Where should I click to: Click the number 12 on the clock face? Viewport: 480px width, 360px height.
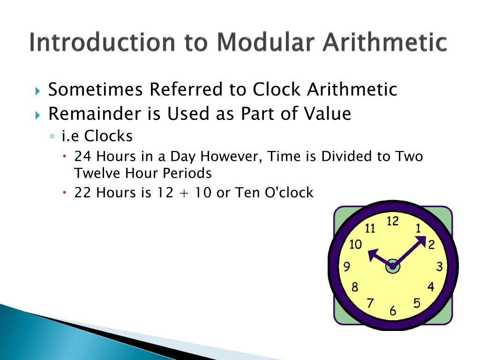392,221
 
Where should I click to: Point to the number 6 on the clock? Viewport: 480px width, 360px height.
393,311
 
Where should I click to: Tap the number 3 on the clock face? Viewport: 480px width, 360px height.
439,267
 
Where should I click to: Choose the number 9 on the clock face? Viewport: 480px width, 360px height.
347,267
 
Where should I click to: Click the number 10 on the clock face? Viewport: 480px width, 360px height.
356,244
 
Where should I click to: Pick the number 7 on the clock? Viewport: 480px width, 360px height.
370,303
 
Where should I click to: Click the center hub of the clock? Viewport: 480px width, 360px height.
393,266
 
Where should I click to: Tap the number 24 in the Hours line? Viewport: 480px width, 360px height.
83,156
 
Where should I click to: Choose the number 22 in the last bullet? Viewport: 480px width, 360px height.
83,193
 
